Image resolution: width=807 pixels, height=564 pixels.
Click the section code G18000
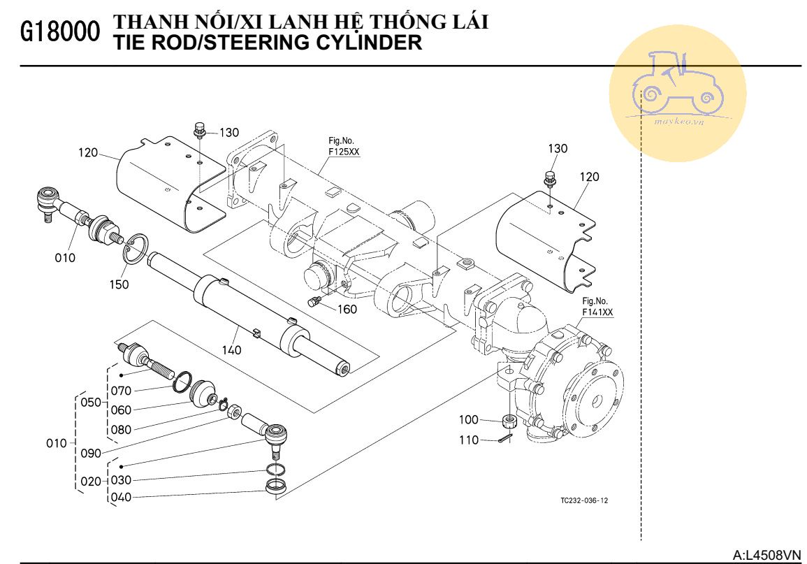(59, 33)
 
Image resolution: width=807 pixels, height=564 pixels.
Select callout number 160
(347, 309)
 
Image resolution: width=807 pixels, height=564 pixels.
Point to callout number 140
(232, 349)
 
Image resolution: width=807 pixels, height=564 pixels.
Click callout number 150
(120, 285)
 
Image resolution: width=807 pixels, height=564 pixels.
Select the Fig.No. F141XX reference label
(597, 308)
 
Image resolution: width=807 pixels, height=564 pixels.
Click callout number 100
(468, 419)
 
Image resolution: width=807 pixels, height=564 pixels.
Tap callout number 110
(468, 440)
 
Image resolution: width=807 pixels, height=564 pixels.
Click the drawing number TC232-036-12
(583, 500)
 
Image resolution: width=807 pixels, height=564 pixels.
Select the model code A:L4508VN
(766, 555)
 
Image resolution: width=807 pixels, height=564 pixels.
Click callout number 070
(121, 391)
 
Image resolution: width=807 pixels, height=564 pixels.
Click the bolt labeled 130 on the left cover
(200, 131)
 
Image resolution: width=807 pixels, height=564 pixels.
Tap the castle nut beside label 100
(509, 421)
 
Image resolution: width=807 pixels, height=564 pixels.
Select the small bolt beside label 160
(314, 301)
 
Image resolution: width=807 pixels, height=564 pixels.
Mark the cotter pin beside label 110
(507, 438)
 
